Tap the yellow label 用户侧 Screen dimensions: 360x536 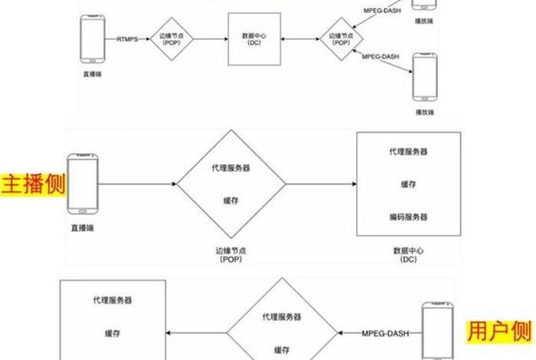click(499, 331)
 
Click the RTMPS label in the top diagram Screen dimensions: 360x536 click(128, 38)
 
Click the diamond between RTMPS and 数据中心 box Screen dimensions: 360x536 click(170, 38)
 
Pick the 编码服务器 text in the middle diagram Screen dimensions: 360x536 click(409, 217)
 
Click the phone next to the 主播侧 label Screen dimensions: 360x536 click(83, 184)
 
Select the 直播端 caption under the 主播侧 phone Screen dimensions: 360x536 click(83, 228)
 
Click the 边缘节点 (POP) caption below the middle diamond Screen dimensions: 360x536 click(230, 254)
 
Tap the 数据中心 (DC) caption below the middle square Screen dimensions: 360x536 click(408, 254)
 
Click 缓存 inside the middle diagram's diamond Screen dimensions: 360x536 click(231, 201)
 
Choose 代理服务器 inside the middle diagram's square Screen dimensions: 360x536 click(409, 152)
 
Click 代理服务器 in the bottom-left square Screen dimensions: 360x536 click(113, 300)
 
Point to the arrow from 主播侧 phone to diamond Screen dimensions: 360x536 click(138, 184)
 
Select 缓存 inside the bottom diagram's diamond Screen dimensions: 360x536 click(282, 349)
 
